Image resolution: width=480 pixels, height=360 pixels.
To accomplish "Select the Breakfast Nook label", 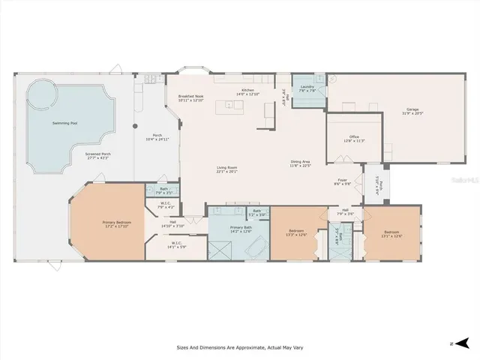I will click(x=191, y=97).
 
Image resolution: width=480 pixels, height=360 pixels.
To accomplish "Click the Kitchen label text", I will click(x=247, y=90).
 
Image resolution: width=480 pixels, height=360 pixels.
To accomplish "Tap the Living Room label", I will click(x=226, y=168).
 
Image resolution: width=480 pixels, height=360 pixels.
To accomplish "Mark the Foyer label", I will click(x=342, y=180).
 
